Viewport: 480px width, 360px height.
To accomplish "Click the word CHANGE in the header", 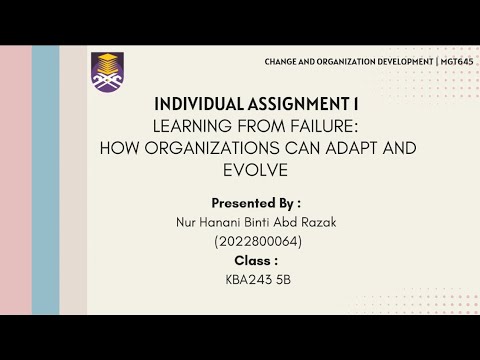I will click(x=283, y=62).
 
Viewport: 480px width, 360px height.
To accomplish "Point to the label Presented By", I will click(x=256, y=201).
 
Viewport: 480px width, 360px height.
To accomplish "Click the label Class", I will click(x=256, y=260).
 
